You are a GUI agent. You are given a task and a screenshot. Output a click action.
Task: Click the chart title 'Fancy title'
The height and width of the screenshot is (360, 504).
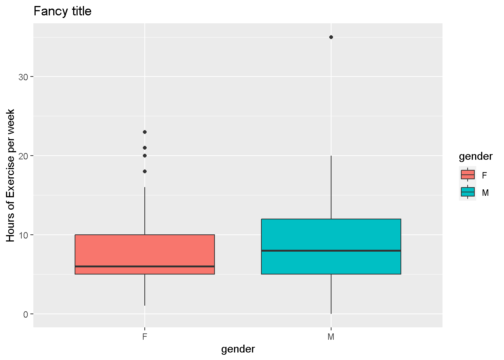[62, 11]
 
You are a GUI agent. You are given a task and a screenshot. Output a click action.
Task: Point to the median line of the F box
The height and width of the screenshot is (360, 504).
[145, 266]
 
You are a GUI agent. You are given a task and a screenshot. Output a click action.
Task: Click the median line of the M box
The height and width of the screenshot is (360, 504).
[331, 250]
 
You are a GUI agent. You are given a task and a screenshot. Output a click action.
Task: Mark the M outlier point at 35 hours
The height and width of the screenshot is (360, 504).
[331, 37]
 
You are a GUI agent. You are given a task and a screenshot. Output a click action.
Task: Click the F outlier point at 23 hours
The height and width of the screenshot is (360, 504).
[145, 132]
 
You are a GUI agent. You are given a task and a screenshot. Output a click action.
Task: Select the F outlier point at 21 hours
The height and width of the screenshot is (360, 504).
[145, 148]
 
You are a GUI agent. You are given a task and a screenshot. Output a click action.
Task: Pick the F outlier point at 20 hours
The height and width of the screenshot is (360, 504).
[145, 156]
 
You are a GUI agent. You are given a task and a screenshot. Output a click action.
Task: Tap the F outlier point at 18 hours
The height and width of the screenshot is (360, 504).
[145, 171]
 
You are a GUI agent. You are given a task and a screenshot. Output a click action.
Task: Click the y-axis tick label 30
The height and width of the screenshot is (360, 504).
[23, 77]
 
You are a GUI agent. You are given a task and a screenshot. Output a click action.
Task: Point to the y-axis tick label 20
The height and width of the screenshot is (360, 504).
[23, 156]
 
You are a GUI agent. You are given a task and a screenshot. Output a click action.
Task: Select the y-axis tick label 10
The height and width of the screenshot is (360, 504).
[23, 235]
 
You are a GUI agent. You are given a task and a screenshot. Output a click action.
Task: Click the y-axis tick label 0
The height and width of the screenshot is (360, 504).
[25, 314]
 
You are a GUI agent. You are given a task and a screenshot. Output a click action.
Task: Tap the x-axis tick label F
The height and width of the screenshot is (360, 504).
[145, 337]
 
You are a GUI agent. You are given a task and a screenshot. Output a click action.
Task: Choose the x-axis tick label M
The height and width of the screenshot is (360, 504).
[331, 337]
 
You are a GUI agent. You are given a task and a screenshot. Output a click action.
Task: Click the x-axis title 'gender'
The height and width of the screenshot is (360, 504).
[238, 349]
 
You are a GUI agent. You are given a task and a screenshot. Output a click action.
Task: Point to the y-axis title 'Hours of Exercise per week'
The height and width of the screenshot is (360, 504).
[10, 175]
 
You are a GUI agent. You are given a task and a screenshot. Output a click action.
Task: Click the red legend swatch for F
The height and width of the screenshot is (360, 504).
[468, 175]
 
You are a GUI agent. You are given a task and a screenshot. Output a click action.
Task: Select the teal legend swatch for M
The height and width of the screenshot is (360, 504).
[468, 192]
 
